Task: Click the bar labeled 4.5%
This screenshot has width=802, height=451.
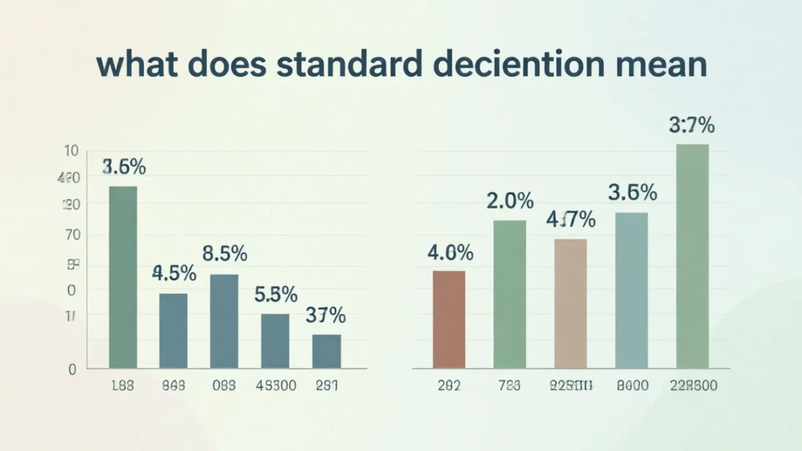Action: click(174, 330)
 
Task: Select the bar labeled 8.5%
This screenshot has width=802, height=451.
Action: click(224, 321)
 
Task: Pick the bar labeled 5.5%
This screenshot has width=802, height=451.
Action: click(275, 340)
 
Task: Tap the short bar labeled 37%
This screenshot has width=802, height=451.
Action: click(326, 351)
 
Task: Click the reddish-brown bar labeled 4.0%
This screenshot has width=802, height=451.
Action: click(449, 319)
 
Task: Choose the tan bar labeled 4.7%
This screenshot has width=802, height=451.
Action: click(571, 303)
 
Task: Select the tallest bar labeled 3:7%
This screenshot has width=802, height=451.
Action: click(693, 256)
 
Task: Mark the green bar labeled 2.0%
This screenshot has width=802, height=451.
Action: click(510, 294)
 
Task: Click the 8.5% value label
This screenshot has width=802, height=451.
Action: click(224, 254)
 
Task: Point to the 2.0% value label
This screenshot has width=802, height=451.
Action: click(510, 202)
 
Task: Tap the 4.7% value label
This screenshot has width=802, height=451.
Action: click(571, 220)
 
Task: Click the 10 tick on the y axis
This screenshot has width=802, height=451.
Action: click(71, 151)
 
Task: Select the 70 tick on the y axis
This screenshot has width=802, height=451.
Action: click(73, 235)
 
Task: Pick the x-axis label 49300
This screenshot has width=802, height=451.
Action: click(276, 386)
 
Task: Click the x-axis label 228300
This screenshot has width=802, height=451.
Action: click(693, 386)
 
